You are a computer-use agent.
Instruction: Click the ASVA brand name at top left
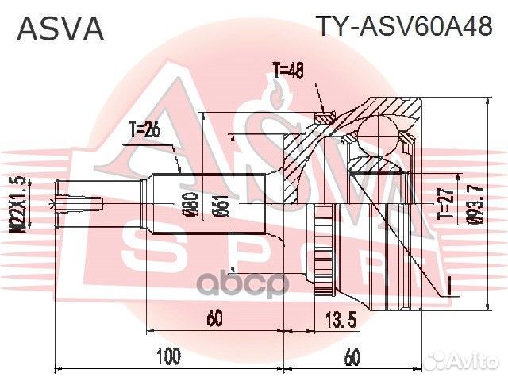[x=61, y=29]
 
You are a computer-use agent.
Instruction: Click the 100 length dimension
[x=168, y=356]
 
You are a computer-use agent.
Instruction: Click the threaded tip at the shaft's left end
[x=79, y=203]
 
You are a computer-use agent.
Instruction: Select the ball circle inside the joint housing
[x=379, y=131]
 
